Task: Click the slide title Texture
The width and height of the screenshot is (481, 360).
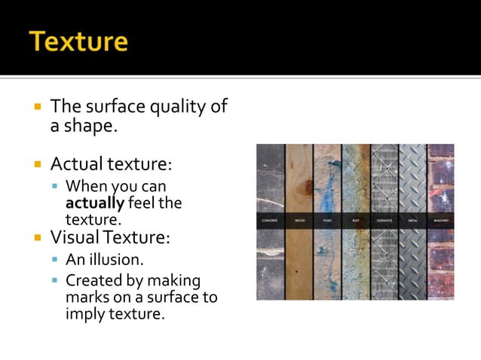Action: click(78, 41)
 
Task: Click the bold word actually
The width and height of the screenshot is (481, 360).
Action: click(95, 203)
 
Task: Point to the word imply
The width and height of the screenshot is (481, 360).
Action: click(84, 313)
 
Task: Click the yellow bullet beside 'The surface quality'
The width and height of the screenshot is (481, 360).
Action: click(37, 107)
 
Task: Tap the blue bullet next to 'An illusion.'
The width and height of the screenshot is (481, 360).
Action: click(55, 260)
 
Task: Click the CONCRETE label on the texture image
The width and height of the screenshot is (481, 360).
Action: click(270, 221)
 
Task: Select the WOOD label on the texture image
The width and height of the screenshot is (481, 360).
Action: click(299, 221)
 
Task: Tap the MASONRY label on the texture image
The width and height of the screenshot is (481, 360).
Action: click(440, 221)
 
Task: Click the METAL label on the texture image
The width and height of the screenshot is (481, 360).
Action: click(412, 221)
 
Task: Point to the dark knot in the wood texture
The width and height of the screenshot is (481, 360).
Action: click(306, 187)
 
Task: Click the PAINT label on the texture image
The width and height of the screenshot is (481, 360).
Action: click(327, 221)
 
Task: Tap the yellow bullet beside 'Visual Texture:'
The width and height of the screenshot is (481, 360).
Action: click(37, 239)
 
